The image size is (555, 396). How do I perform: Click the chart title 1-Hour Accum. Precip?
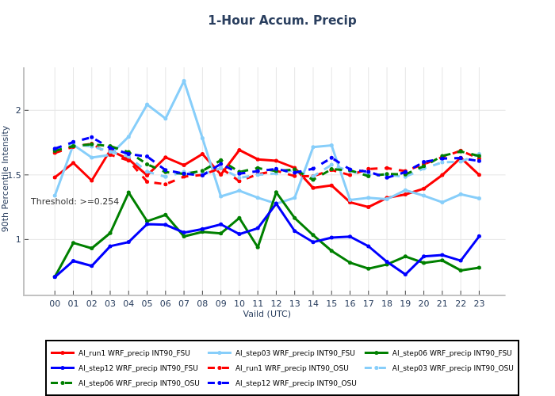coord(282,21)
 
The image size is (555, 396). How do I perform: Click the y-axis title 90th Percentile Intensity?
coord(6,178)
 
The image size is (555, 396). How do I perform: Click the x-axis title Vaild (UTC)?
coord(266,314)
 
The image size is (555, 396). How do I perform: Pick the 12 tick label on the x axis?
coord(276,303)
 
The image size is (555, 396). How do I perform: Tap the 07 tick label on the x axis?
coord(184,303)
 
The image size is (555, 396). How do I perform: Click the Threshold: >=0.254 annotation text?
coord(75,202)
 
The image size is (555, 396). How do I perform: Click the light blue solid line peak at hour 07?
coord(184,81)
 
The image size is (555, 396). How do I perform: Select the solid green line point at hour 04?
coord(128,192)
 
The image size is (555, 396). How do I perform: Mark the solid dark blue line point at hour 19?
coord(405,275)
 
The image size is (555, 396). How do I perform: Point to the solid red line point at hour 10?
coord(239,150)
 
